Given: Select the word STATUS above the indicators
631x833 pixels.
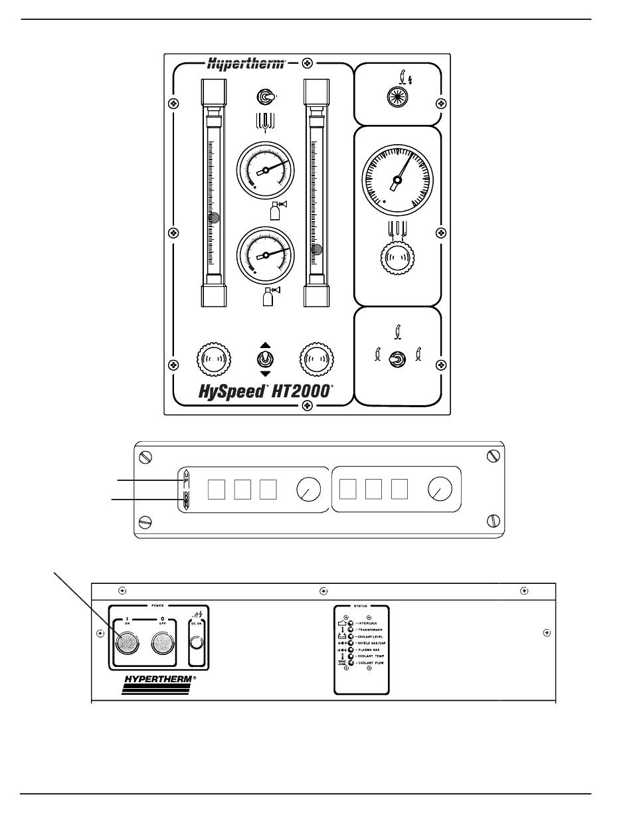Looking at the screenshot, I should click(361, 606).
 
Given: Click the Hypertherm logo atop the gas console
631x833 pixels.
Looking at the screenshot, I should click(246, 64).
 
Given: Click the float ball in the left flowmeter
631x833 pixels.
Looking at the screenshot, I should click(214, 217).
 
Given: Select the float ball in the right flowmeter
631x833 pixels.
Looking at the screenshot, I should click(318, 250).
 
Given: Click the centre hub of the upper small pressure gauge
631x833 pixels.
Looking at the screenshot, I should click(265, 170).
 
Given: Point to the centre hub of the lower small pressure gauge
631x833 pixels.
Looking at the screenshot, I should click(265, 254).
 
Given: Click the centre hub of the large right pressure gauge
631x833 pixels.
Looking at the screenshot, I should click(397, 179).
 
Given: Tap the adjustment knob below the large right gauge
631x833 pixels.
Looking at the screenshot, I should click(397, 260).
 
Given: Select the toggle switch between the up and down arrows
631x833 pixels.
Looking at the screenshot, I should click(265, 359).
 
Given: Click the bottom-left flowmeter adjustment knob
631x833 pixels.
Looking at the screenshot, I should click(214, 359).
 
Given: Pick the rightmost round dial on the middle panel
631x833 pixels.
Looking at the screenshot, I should click(440, 490).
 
